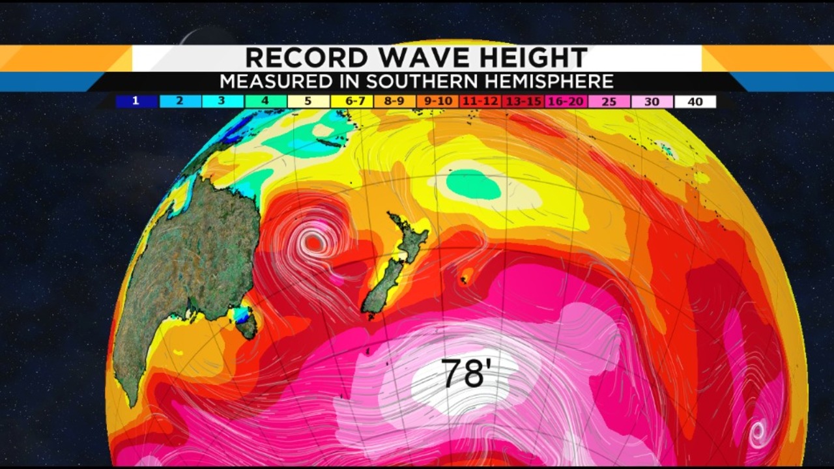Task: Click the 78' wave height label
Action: click(466, 373)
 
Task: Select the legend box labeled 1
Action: click(137, 102)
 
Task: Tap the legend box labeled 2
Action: click(180, 102)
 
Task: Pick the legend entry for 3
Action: click(222, 102)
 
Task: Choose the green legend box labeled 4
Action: click(265, 102)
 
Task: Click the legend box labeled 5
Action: click(308, 102)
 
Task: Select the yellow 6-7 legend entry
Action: click(352, 102)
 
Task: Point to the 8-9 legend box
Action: click(395, 102)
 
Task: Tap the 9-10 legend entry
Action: click(438, 102)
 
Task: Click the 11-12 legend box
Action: click(481, 102)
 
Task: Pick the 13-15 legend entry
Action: click(524, 102)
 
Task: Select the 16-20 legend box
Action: click(567, 102)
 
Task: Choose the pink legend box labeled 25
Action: click(609, 102)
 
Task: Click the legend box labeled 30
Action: click(652, 102)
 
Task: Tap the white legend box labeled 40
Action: click(695, 102)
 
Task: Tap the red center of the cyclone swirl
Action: click(315, 243)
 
